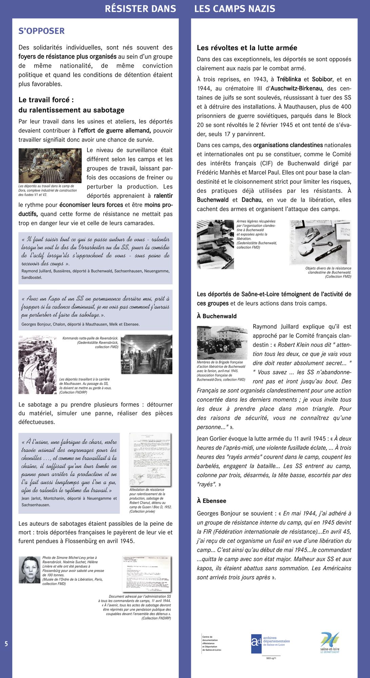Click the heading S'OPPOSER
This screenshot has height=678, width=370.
[x=41, y=31]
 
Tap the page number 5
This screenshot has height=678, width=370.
[x=6, y=643]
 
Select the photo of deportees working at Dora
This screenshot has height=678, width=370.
[x=50, y=165]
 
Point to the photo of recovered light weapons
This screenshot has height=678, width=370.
[x=215, y=244]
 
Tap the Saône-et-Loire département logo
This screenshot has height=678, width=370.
[x=330, y=642]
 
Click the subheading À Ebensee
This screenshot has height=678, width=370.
[x=211, y=501]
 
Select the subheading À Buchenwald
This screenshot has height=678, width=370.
[x=217, y=316]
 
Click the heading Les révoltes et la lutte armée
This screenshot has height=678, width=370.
[x=247, y=48]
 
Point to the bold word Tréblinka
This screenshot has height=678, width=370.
[x=289, y=79]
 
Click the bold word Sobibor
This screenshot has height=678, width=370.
[x=322, y=79]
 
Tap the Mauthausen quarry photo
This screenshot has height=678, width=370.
[x=37, y=364]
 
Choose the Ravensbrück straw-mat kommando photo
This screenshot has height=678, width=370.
[x=147, y=354]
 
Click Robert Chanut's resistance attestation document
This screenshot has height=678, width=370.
[x=150, y=459]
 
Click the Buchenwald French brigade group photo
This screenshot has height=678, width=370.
[x=222, y=342]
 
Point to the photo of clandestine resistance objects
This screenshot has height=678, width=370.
[x=320, y=242]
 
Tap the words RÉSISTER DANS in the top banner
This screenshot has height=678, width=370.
[x=140, y=9]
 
